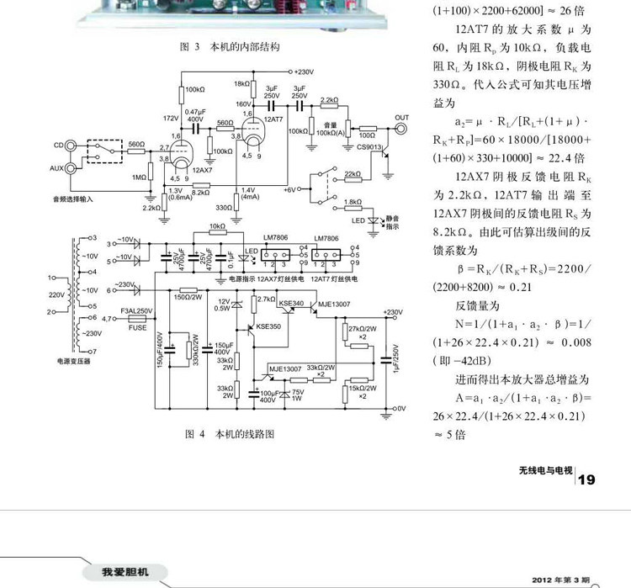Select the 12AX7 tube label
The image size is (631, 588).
(203, 170)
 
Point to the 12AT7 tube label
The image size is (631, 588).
(273, 119)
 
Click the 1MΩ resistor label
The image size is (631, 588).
(137, 177)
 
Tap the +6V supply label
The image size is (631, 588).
(289, 189)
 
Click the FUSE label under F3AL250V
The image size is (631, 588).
(137, 327)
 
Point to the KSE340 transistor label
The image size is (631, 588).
(291, 302)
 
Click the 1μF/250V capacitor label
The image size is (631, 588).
(393, 357)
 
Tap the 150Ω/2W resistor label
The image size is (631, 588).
(188, 296)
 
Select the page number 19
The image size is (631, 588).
(586, 479)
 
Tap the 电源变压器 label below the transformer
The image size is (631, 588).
(72, 360)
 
